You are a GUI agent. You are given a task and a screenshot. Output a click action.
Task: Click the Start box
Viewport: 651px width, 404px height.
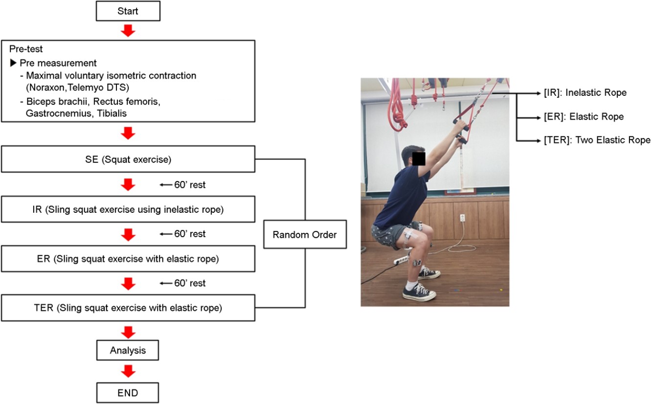pos(128,11)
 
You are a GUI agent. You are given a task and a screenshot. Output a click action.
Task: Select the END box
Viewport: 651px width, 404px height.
pos(128,393)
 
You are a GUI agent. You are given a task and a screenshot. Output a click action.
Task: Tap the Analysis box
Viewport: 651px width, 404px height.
pos(128,350)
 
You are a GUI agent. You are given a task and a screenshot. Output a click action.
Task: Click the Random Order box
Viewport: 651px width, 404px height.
pos(305,234)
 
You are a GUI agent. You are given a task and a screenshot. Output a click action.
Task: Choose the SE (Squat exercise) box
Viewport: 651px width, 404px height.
pos(128,159)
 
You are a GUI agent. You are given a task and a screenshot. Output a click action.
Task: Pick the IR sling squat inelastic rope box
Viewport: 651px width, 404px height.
pos(128,209)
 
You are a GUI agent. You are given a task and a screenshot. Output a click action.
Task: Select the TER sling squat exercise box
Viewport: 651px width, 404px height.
pos(128,308)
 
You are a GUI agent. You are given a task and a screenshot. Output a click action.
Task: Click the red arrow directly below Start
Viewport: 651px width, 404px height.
pos(128,30)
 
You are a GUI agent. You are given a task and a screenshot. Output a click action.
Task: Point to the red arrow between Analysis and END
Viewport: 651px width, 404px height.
pos(128,371)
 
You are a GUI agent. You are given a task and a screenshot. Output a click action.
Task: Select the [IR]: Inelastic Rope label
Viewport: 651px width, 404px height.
pos(585,93)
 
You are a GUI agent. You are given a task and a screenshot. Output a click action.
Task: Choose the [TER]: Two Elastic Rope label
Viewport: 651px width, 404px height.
pos(597,140)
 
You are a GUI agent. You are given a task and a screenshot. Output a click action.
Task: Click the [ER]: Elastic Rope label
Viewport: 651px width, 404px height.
pos(584,116)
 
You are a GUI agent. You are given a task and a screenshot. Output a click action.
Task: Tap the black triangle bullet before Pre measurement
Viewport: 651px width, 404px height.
pos(13,63)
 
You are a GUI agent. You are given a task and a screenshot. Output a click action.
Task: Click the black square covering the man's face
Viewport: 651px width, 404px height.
pos(419,158)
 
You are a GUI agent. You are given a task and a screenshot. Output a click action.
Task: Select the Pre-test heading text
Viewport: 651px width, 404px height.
pos(26,49)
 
